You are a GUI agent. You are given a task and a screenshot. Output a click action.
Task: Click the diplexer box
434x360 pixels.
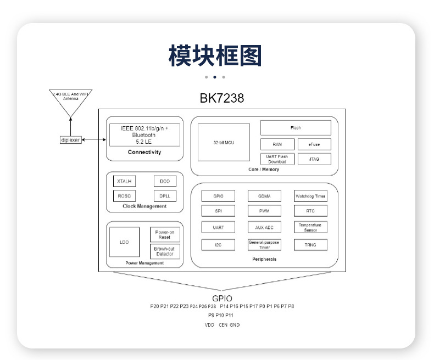tap(70, 140)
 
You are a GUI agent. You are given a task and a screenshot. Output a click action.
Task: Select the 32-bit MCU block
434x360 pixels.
tap(224, 142)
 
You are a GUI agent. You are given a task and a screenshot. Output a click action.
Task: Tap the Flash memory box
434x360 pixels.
tap(296, 128)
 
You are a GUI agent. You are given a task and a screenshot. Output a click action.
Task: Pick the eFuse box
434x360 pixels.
tap(314, 145)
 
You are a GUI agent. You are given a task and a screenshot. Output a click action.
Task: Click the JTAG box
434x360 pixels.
tap(314, 159)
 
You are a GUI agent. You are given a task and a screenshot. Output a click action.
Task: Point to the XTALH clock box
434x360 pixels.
tap(124, 181)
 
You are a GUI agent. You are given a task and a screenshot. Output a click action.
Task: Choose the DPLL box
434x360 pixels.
tap(165, 195)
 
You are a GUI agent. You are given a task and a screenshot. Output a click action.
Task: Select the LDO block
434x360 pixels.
tap(124, 242)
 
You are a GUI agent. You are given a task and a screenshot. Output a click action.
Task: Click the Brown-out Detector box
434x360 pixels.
tap(165, 251)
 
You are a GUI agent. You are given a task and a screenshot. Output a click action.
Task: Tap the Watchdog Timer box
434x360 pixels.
tap(310, 196)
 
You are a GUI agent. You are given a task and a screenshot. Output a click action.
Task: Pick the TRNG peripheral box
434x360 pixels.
tap(310, 245)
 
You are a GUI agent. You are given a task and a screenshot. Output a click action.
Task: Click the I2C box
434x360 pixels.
tap(218, 245)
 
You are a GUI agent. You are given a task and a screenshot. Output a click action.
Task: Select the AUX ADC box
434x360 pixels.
tap(264, 227)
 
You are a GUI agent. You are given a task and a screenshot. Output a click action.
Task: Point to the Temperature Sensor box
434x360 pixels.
tap(310, 227)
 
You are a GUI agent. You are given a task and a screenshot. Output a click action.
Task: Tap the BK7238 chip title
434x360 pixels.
tap(222, 99)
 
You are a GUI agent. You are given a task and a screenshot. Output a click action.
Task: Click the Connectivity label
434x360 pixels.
tap(144, 152)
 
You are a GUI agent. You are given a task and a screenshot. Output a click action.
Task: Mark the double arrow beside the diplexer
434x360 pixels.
tap(94, 140)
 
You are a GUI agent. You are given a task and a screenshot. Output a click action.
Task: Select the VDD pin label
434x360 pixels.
tap(209, 325)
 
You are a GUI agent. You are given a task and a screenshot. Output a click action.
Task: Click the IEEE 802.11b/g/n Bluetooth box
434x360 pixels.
tap(144, 134)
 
